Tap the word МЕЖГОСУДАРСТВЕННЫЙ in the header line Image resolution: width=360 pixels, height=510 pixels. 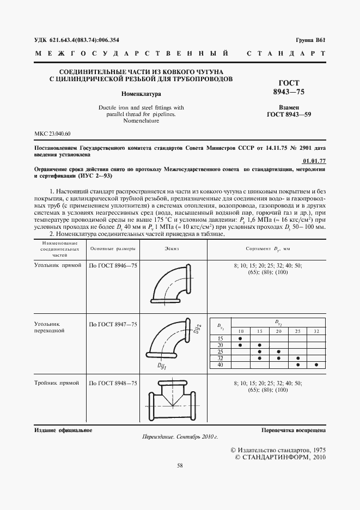131,54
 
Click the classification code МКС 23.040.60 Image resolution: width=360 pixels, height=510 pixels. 53,133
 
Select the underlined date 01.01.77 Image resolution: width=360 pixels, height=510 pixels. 313,161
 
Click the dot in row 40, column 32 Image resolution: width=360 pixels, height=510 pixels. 317,365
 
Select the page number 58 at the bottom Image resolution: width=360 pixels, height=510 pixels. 180,465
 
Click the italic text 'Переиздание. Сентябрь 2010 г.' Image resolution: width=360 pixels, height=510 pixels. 180,437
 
